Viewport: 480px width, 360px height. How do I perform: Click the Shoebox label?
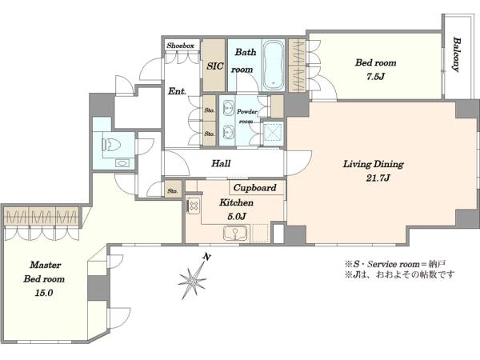coord(181,46)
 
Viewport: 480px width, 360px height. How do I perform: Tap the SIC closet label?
coord(215,66)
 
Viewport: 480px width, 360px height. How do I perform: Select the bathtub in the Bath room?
coord(274,65)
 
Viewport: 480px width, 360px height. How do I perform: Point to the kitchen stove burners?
coord(193,206)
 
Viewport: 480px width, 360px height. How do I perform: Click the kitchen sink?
coord(235,234)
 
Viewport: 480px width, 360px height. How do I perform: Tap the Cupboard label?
coord(255,188)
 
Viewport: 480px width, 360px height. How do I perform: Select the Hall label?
coord(221,163)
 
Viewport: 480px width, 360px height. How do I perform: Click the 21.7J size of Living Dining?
coord(378,178)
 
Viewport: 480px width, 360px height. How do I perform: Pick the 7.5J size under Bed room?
coord(375,76)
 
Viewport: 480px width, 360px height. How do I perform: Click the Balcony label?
coord(457,54)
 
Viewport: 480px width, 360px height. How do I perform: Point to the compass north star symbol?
coord(192,280)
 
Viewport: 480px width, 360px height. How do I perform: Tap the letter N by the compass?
coord(207,257)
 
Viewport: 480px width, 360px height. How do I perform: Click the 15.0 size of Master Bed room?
coord(44,293)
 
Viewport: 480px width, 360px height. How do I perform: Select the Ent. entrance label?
coord(177,91)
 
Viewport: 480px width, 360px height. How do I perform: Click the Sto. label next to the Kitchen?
coord(173,190)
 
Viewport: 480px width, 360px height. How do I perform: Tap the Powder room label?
coord(246,116)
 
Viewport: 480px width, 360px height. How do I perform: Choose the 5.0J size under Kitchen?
coord(237,217)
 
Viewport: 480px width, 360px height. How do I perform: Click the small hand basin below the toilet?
coord(122,163)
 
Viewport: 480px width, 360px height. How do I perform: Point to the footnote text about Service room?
coord(395,264)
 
